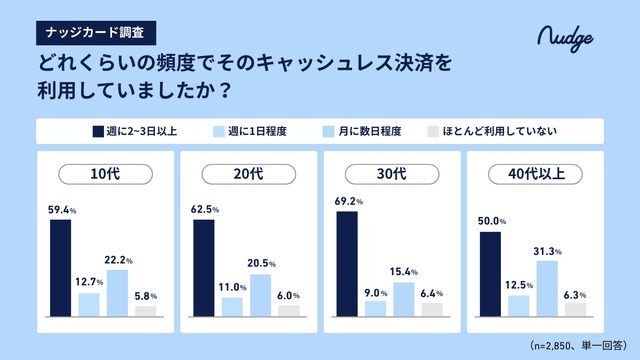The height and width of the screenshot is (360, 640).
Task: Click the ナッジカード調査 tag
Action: click(95, 31)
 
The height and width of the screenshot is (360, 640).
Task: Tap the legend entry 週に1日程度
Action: click(256, 131)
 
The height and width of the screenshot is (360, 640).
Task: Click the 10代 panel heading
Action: click(103, 174)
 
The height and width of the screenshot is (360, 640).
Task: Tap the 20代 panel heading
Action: click(247, 174)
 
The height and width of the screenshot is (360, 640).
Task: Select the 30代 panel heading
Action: click(391, 174)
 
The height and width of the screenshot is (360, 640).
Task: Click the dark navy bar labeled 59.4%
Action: click(60, 267)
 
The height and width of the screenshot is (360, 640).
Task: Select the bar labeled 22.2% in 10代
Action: click(117, 292)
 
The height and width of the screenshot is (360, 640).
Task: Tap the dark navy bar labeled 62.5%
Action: click(204, 267)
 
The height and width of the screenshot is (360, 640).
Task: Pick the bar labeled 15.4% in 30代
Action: click(404, 298)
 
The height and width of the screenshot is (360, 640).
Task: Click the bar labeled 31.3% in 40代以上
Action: click(547, 287)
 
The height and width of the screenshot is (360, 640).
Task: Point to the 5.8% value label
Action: click(146, 296)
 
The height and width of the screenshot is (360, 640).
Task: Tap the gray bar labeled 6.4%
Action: click(432, 308)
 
